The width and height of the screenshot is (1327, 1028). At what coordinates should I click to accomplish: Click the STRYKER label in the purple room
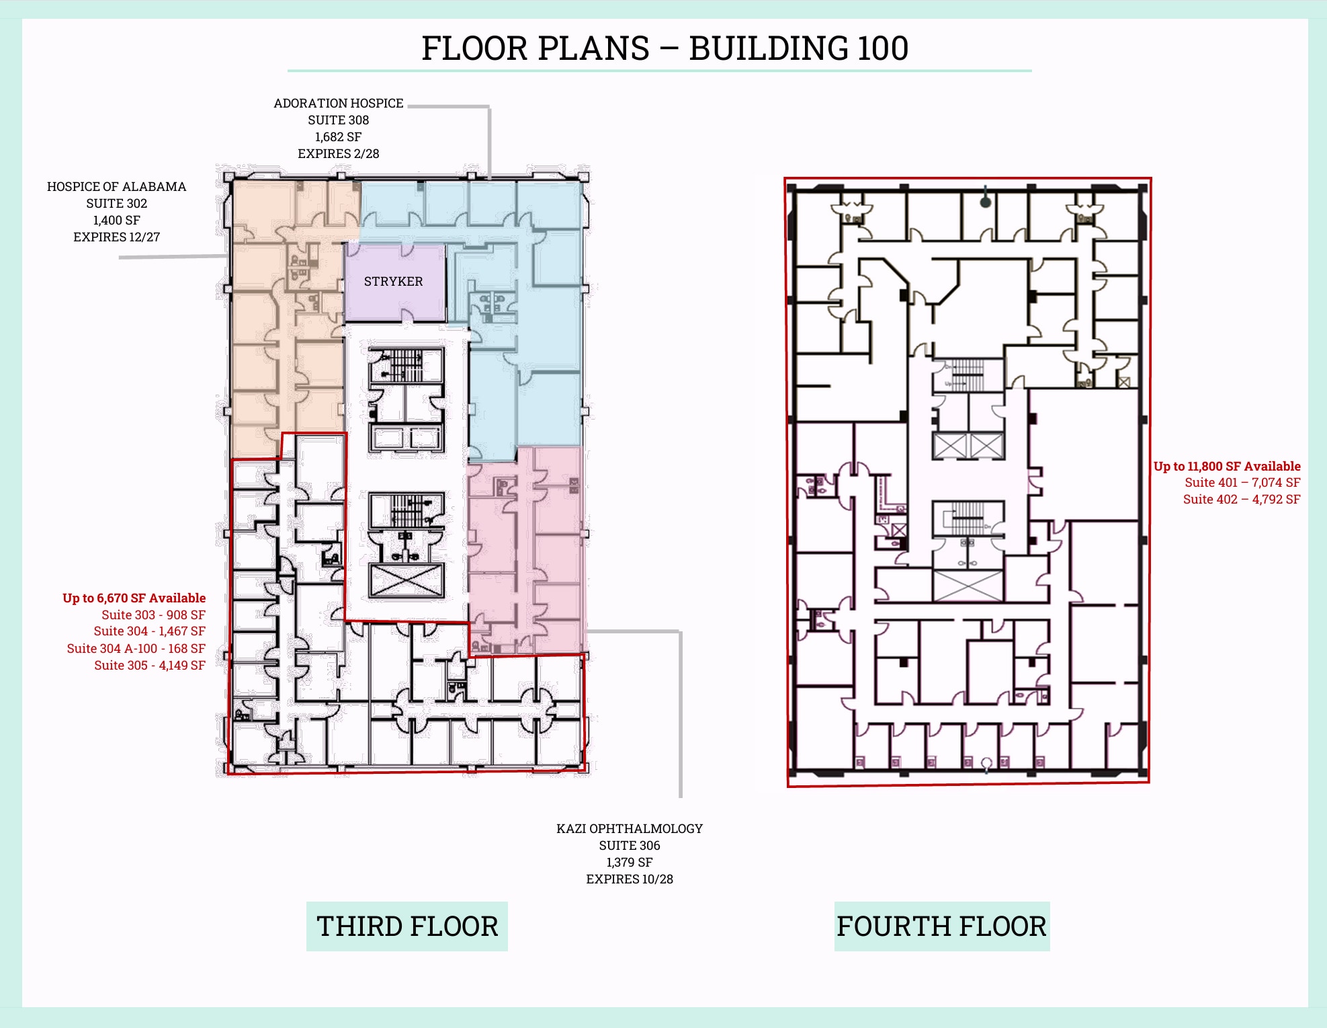[393, 282]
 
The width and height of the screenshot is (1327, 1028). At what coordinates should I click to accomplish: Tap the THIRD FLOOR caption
[407, 926]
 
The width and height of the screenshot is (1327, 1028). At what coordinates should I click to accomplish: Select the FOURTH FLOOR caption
[941, 926]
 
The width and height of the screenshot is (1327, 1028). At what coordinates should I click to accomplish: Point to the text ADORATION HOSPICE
[338, 104]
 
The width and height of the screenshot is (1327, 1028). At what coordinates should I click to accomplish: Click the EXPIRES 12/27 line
[116, 237]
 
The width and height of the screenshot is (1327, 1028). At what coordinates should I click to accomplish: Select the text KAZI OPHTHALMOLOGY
[629, 829]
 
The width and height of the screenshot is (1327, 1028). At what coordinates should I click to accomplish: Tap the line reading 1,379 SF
[629, 863]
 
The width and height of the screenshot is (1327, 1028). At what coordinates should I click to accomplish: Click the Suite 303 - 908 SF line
[153, 615]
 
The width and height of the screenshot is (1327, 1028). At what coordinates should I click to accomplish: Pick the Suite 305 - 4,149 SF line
[149, 666]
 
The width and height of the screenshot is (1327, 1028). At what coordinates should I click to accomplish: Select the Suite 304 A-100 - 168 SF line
[136, 649]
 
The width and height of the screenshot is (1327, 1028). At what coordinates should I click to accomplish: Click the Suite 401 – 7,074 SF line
[1242, 483]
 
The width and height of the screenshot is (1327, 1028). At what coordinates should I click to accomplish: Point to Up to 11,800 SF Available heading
[1226, 467]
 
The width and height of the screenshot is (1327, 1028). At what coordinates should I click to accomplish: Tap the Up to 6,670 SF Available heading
[134, 598]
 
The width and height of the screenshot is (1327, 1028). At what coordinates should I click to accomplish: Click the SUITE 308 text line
[338, 120]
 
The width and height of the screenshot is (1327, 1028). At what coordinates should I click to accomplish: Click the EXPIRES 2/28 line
[338, 154]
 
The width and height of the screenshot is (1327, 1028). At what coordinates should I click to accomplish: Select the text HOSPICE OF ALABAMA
[116, 187]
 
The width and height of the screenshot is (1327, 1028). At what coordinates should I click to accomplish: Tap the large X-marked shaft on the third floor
[406, 580]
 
